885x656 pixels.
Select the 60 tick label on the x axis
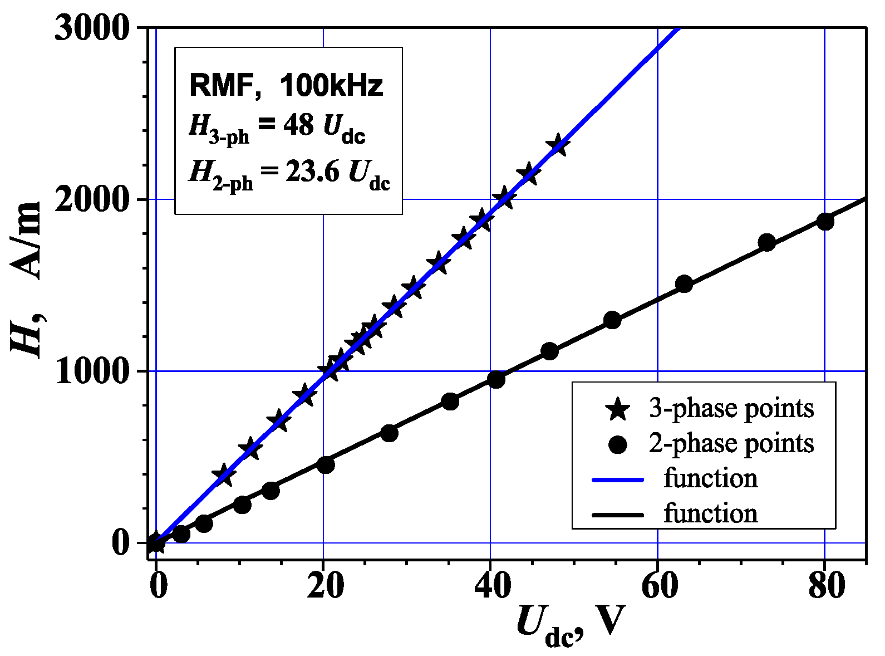tap(657, 588)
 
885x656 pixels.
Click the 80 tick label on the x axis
tap(824, 588)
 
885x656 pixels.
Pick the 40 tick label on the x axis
tap(490, 588)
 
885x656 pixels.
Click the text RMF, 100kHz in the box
tap(287, 86)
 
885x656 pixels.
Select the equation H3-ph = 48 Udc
tap(277, 127)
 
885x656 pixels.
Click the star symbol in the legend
tap(618, 410)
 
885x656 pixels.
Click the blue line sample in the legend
tap(618, 479)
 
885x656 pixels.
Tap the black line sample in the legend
tap(618, 514)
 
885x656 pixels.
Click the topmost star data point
tap(557, 146)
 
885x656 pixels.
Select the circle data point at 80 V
tap(825, 221)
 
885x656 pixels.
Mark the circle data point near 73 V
tap(767, 242)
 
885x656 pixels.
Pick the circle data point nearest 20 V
tap(326, 464)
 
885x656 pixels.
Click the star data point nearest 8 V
tap(224, 475)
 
